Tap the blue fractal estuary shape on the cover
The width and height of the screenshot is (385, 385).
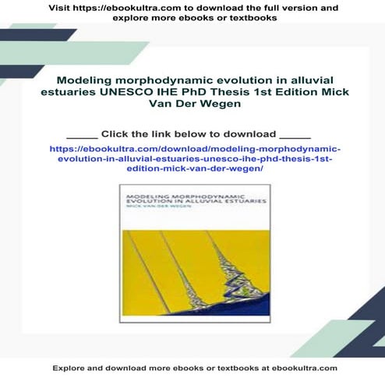234,258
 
